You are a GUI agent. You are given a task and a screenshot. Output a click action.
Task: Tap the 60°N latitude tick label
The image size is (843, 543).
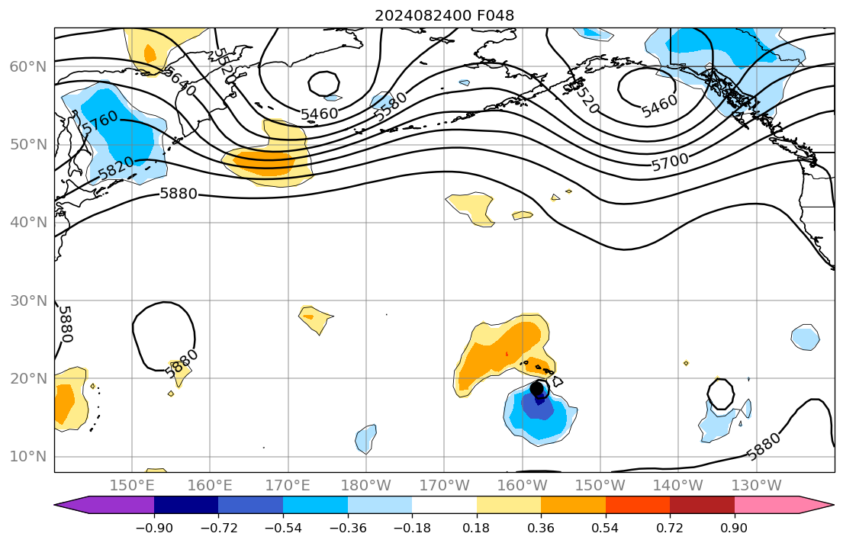pyautogui.click(x=27, y=67)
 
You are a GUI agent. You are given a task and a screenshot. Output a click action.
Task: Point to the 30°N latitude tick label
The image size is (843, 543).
pyautogui.click(x=27, y=300)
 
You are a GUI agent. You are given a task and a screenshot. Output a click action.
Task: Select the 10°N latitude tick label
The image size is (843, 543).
pyautogui.click(x=27, y=456)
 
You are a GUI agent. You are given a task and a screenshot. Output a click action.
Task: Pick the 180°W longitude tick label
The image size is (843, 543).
pyautogui.click(x=366, y=485)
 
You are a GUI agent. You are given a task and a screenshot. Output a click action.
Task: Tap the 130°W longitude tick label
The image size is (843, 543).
pyautogui.click(x=756, y=485)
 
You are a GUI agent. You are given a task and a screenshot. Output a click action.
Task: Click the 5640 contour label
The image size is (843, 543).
pyautogui.click(x=179, y=80)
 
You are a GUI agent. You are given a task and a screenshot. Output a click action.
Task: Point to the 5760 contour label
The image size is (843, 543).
pyautogui.click(x=99, y=124)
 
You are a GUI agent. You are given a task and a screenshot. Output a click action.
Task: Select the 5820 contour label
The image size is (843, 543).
pyautogui.click(x=116, y=169)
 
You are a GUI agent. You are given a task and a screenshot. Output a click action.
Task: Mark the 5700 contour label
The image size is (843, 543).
pyautogui.click(x=670, y=162)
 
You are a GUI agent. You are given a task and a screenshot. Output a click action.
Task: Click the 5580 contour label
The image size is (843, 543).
pyautogui.click(x=391, y=105)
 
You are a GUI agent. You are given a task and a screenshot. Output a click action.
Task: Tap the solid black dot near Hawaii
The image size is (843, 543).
pyautogui.click(x=537, y=388)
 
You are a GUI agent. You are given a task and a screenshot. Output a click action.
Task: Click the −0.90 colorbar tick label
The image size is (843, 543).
pyautogui.click(x=154, y=528)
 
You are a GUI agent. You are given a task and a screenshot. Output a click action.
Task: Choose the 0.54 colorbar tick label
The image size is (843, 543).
pyautogui.click(x=605, y=528)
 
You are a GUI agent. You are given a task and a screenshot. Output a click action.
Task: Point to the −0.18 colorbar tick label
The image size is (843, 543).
pyautogui.click(x=412, y=528)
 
